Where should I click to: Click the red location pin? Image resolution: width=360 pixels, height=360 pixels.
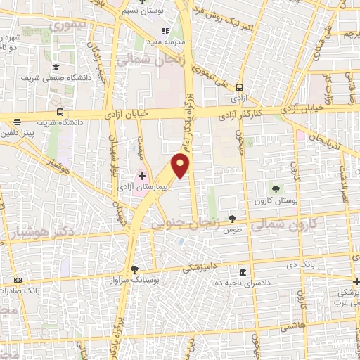[181, 165]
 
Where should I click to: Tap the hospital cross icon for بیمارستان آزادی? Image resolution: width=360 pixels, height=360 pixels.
[141, 176]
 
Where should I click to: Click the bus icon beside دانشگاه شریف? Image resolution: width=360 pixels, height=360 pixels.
[60, 112]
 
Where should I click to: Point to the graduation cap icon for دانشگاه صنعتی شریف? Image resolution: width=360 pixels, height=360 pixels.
[53, 67]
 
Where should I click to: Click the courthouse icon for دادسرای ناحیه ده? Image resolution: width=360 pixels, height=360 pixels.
[243, 273]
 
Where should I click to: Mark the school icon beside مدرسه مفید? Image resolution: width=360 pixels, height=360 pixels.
[166, 31]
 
